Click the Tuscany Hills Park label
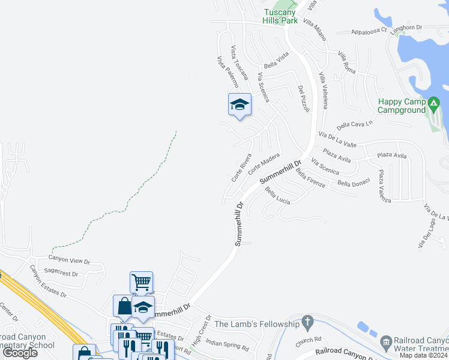tap(280, 16)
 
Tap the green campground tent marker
tap(434, 106)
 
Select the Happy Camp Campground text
tap(402, 106)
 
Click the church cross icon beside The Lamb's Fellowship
tap(308, 323)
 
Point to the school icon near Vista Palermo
tap(240, 105)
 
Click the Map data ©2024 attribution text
tap(424, 355)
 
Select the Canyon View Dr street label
tap(69, 261)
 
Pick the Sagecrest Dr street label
tap(61, 273)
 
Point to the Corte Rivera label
tap(241, 168)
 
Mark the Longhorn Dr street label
tap(406, 28)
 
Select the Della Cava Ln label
tap(355, 125)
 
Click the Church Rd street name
tap(309, 343)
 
